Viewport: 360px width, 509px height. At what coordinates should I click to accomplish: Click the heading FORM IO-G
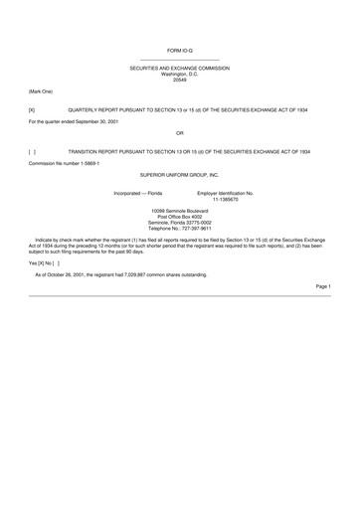point(179,47)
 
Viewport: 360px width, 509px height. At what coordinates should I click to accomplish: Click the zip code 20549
point(180,79)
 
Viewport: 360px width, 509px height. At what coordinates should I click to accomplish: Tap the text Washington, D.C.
point(180,73)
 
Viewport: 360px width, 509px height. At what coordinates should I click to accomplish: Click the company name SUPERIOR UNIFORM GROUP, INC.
point(180,173)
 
